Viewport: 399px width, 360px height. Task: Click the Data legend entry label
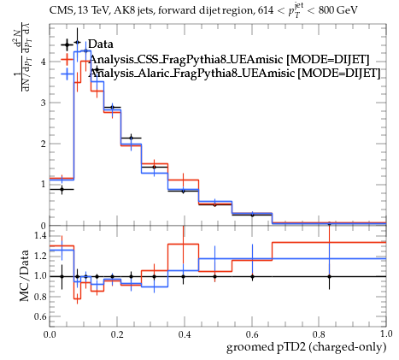[x=101, y=44]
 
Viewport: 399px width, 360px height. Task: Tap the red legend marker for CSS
[x=68, y=60]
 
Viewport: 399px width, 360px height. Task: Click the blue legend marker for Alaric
[x=68, y=74]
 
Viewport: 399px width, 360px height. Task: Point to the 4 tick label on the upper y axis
[x=43, y=62]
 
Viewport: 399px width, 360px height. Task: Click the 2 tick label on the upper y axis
[x=43, y=144]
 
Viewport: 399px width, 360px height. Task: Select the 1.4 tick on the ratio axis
[x=40, y=235]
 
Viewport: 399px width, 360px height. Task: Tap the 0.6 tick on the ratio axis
[x=40, y=316]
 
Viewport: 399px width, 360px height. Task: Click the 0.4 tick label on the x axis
[x=185, y=334]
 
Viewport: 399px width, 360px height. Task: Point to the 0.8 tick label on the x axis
[x=319, y=334]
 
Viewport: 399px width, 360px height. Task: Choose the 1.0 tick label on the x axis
[x=386, y=334]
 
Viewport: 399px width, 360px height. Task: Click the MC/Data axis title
[x=25, y=275]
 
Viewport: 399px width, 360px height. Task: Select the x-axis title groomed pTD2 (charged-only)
[x=307, y=348]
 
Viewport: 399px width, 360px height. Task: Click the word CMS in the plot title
[x=60, y=10]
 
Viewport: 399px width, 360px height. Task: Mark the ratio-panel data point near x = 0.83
[x=329, y=276]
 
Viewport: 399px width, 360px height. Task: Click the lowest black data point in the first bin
[x=62, y=189]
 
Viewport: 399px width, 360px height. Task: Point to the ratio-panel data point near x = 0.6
[x=252, y=276]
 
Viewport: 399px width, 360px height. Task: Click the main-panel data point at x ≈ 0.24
[x=131, y=139]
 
